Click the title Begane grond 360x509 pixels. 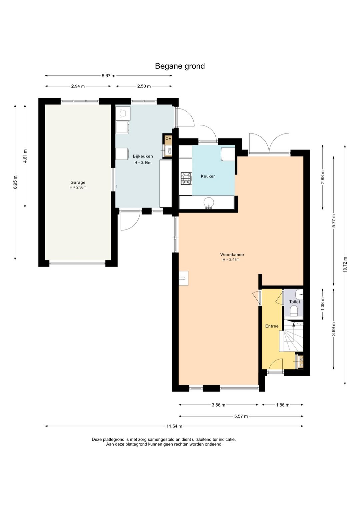[180, 66]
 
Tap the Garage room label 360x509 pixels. [78, 182]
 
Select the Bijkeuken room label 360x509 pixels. [143, 156]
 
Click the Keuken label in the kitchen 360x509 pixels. [208, 176]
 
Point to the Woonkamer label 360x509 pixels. [232, 255]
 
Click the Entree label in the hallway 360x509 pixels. [272, 326]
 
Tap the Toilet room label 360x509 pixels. [294, 302]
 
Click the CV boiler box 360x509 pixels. [168, 139]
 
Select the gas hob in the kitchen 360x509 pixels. [186, 178]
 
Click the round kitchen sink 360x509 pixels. [209, 203]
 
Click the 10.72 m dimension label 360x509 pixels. [345, 264]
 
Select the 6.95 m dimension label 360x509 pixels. [15, 182]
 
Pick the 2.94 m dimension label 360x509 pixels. [78, 86]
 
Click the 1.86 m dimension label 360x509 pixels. [283, 405]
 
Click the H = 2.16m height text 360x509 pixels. [143, 162]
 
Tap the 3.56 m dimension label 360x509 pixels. [218, 405]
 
